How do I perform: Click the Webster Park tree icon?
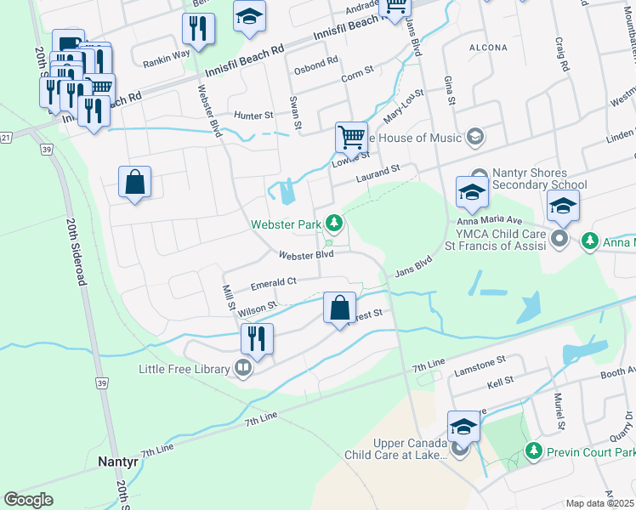[335, 224]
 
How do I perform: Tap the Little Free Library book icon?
[243, 369]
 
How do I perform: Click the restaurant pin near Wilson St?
[256, 338]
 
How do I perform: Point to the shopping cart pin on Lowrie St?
[350, 136]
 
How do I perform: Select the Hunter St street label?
[254, 116]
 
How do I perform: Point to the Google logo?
[28, 500]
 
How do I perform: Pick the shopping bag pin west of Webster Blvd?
[134, 182]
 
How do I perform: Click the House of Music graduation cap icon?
[474, 138]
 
